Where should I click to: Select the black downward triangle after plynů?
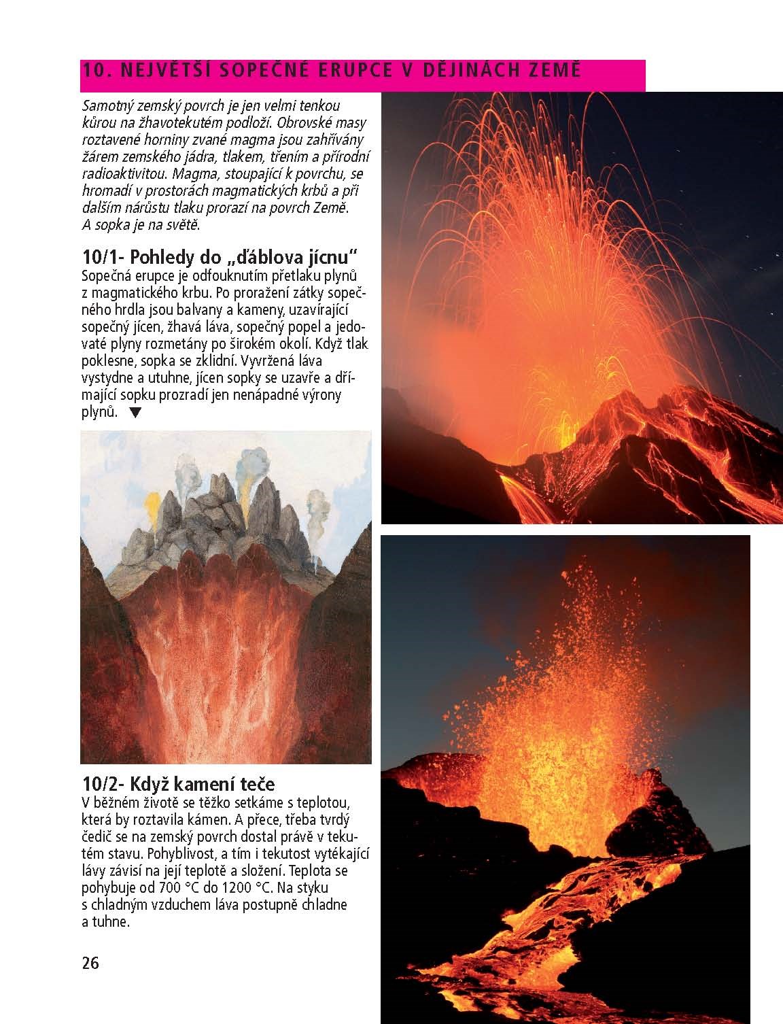tap(136, 412)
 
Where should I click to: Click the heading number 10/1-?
tap(103, 258)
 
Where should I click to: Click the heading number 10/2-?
tap(103, 783)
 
